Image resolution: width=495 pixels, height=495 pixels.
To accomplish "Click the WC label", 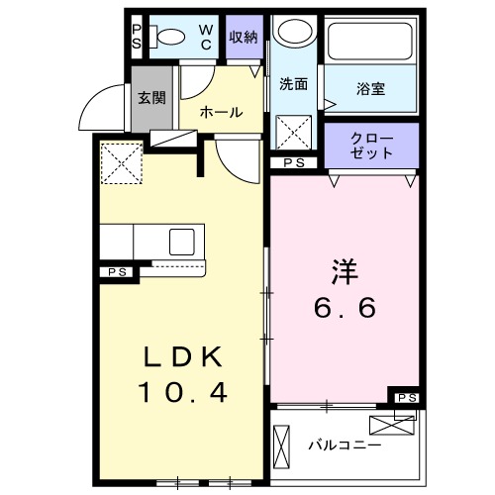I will point(206,38).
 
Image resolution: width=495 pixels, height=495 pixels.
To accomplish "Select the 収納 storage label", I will point(245,38).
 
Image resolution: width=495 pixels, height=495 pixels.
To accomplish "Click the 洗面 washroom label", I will point(293,84).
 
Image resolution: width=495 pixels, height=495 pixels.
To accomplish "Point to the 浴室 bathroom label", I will point(371,89).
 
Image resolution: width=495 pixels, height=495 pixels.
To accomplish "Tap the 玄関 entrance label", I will point(151,97).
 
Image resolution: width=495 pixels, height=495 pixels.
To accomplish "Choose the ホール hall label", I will point(221,112).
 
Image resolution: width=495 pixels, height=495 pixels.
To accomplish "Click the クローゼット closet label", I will point(371,147).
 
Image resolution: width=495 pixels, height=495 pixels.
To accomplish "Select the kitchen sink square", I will point(183,242).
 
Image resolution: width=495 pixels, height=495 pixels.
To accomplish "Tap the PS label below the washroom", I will point(293,162).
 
